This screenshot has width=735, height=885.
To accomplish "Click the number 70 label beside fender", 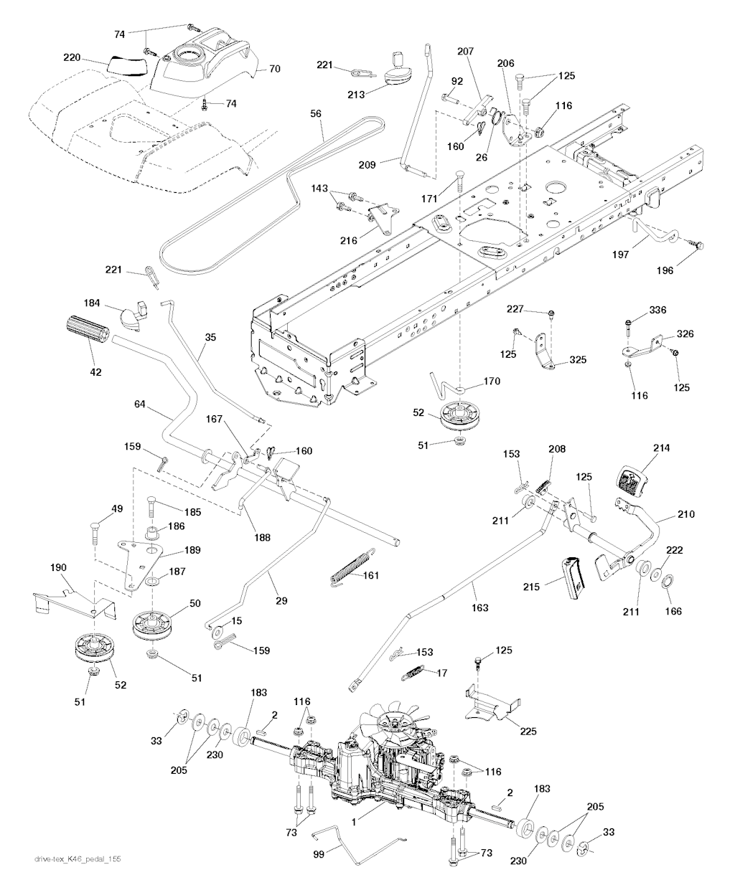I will (x=274, y=70).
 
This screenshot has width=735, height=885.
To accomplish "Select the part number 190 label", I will (x=59, y=568).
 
